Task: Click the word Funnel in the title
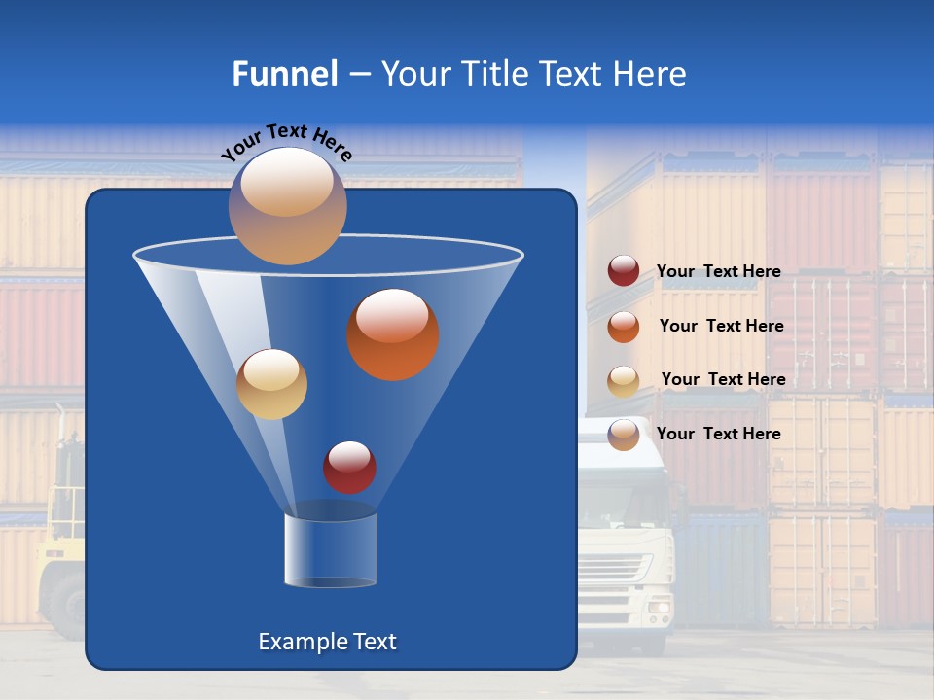[x=284, y=74]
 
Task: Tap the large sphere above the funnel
[x=287, y=206]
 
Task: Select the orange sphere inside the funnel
[x=393, y=334]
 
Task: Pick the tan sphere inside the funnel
[x=271, y=384]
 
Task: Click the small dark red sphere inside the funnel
[x=349, y=468]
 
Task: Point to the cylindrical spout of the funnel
[x=331, y=550]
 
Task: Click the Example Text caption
[x=327, y=642]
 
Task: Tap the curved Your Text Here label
[x=286, y=140]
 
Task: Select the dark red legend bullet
[x=624, y=271]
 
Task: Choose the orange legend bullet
[x=624, y=327]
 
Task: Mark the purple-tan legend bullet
[x=624, y=435]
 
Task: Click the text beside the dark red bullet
[x=718, y=272]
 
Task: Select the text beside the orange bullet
[x=721, y=327]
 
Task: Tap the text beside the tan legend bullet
[x=723, y=380]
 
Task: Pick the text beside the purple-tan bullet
[x=718, y=434]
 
